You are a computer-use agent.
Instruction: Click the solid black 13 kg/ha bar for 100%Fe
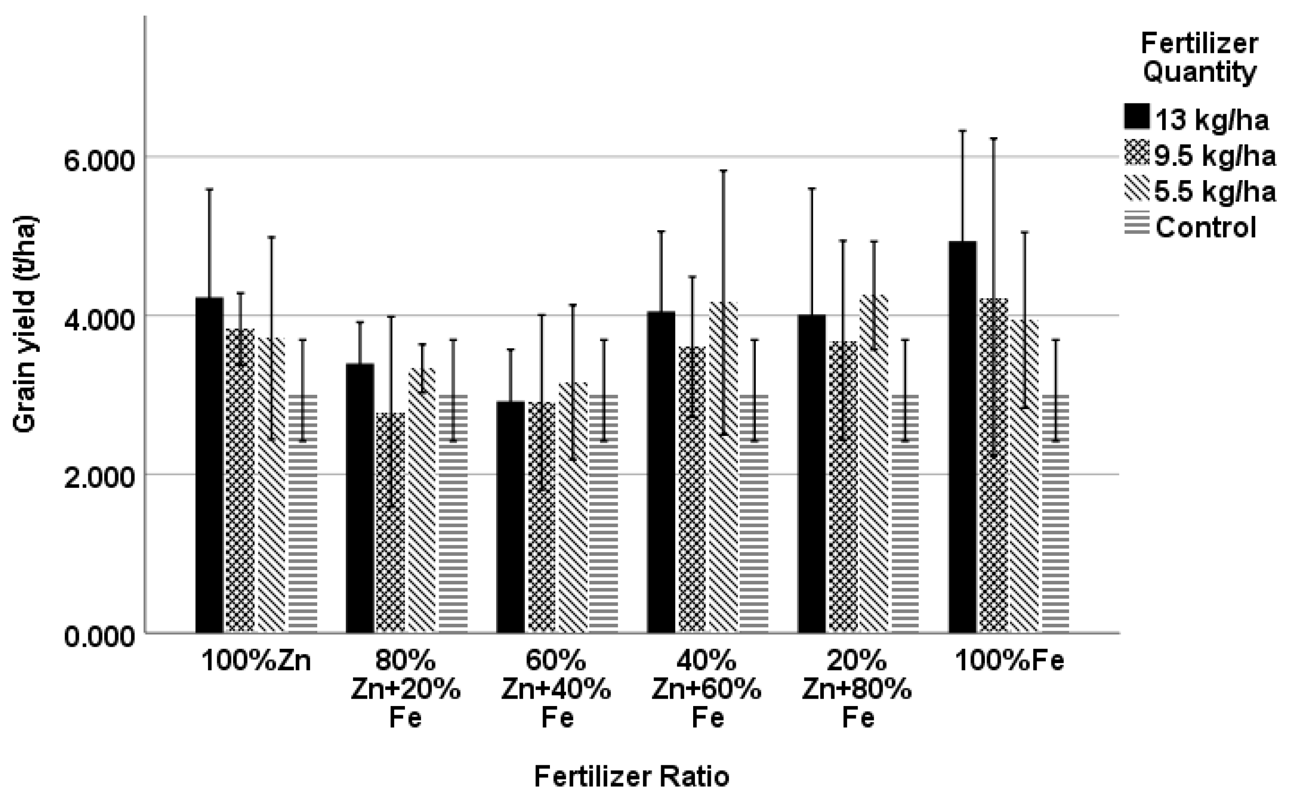click(x=962, y=437)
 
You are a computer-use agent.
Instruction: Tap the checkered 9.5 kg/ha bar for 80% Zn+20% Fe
click(x=390, y=522)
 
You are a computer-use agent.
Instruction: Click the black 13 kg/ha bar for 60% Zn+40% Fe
click(x=510, y=517)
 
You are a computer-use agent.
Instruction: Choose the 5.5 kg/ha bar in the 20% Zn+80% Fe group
click(x=874, y=464)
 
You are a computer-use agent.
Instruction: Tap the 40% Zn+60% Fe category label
click(x=707, y=690)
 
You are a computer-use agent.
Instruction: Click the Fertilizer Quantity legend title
click(x=1199, y=58)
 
